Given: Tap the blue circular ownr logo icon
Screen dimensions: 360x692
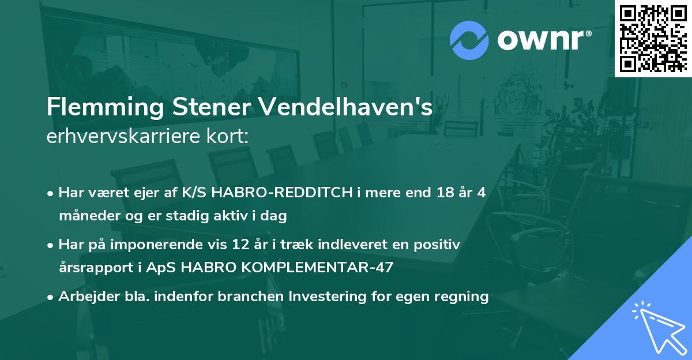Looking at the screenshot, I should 469,40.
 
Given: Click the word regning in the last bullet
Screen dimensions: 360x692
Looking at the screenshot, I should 462,297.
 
